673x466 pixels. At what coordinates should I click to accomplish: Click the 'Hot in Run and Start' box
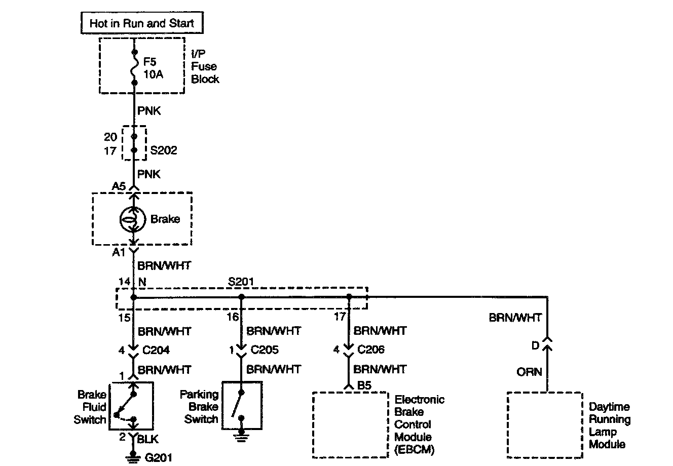[x=141, y=23]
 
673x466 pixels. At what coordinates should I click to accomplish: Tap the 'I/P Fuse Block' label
[x=205, y=66]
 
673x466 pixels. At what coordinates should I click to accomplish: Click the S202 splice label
[x=164, y=151]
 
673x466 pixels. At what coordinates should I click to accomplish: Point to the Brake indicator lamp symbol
[x=130, y=219]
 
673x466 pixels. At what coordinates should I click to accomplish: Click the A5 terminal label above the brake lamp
[x=119, y=186]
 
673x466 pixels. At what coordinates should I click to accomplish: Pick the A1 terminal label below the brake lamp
[x=118, y=251]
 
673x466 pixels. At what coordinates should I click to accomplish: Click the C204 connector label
[x=156, y=349]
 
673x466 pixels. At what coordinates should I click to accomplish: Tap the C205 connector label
[x=264, y=349]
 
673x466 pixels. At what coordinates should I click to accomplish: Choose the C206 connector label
[x=371, y=349]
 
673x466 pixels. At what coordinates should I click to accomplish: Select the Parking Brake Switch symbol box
[x=242, y=406]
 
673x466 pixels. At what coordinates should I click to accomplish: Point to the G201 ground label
[x=159, y=458]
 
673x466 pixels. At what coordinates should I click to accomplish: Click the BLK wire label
[x=148, y=439]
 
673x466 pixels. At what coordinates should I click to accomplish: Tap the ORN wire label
[x=529, y=372]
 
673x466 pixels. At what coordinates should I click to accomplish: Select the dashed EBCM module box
[x=350, y=424]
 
